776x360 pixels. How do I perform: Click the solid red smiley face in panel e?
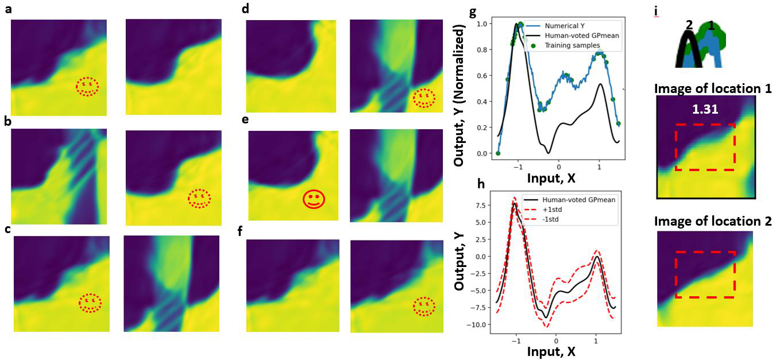(314, 199)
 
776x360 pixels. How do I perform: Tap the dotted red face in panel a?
(87, 86)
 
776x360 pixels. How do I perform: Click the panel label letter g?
(473, 13)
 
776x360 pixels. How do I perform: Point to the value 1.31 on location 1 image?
(704, 109)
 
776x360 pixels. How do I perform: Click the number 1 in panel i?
(711, 25)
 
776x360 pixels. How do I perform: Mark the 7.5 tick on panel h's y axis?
(480, 206)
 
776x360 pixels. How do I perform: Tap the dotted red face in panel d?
(424, 98)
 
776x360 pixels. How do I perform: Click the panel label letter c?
(7, 230)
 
